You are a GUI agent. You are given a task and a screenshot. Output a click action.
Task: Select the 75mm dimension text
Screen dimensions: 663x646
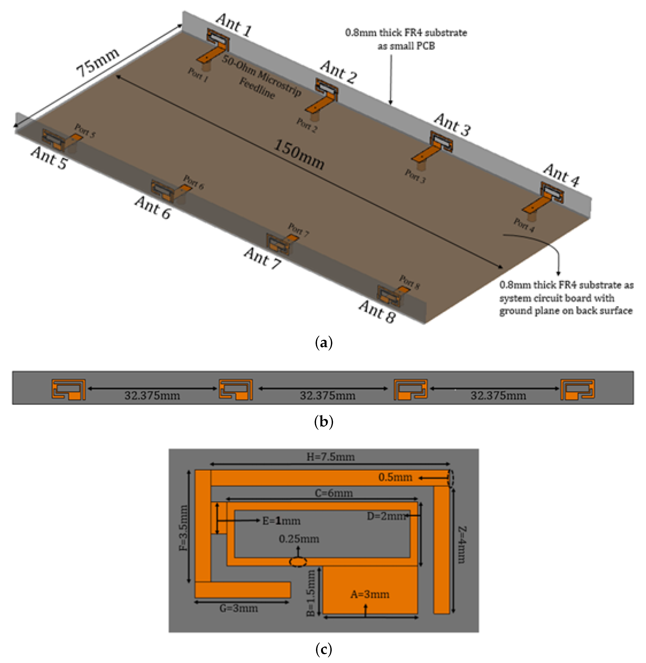[x=97, y=62]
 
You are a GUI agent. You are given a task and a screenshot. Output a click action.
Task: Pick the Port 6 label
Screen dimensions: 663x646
[x=193, y=182]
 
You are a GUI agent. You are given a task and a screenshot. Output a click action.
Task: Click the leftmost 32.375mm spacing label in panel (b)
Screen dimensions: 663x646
[x=152, y=395]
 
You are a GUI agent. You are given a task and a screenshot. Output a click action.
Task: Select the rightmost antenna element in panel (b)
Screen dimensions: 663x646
[x=577, y=389]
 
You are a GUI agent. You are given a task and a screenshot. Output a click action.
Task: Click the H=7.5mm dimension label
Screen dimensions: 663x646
[x=331, y=457]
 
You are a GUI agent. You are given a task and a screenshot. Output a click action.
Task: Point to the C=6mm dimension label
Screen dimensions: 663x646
[x=333, y=493]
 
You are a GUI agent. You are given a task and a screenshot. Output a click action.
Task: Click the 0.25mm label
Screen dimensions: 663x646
[x=299, y=539]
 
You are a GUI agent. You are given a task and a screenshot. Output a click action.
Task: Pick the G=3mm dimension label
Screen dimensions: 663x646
[x=239, y=608]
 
